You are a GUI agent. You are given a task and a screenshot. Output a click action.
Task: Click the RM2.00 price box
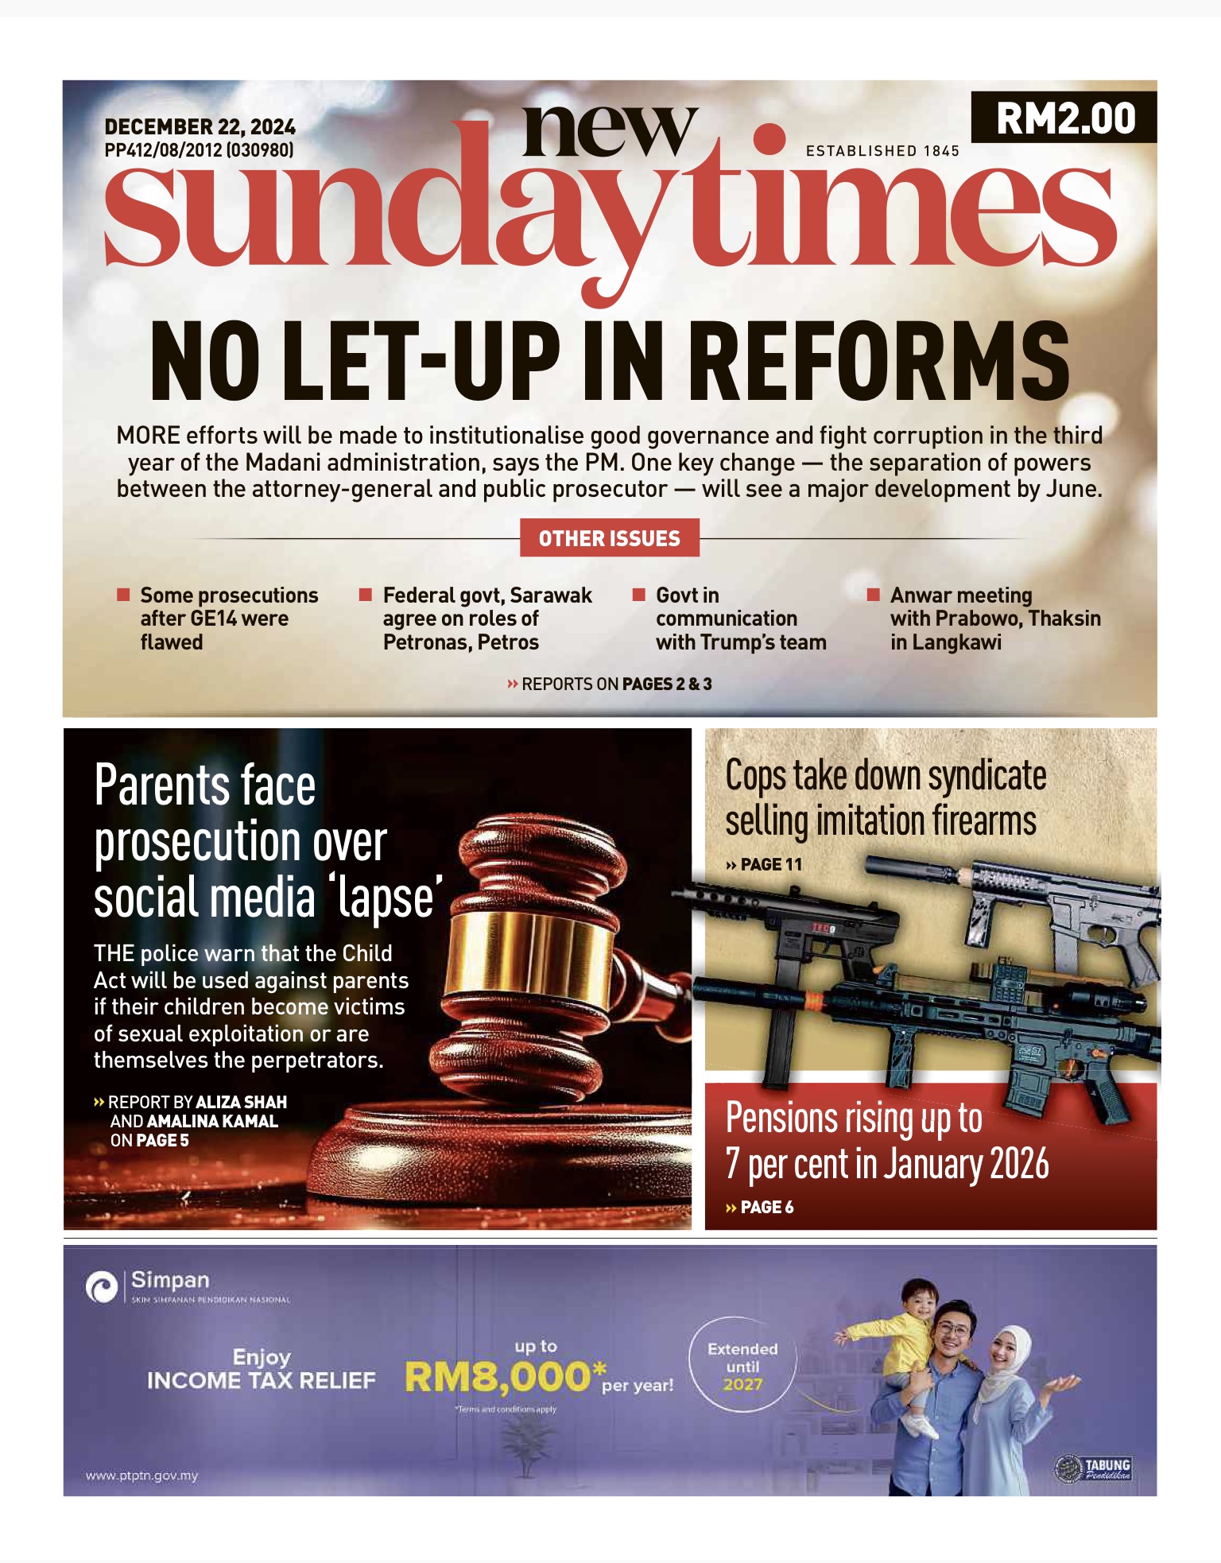click(1064, 118)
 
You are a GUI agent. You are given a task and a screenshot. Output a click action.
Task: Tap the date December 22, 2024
click(200, 127)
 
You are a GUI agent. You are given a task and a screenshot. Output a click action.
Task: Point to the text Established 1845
click(882, 151)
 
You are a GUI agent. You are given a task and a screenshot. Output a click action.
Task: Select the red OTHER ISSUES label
click(609, 538)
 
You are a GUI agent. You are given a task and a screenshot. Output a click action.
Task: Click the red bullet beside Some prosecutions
click(123, 595)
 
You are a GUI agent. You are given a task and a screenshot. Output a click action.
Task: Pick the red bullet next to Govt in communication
click(638, 595)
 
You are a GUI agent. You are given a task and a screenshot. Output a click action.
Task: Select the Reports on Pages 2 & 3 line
click(609, 684)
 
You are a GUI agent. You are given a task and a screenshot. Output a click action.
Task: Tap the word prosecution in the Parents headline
click(240, 843)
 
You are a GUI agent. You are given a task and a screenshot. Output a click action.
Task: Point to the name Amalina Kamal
click(212, 1121)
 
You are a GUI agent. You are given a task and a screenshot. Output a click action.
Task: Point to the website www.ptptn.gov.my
click(141, 1476)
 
